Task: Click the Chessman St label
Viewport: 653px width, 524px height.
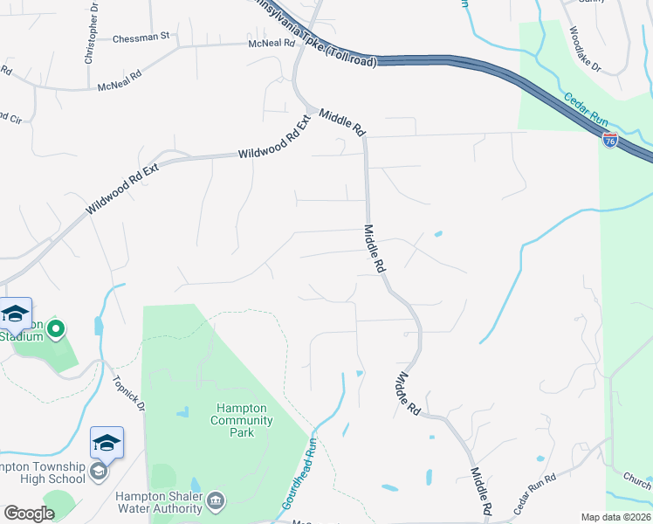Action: [146, 38]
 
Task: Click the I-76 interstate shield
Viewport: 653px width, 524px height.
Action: [610, 140]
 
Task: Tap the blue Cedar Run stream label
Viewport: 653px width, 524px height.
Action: [583, 110]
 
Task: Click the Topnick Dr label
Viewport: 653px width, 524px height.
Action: [128, 394]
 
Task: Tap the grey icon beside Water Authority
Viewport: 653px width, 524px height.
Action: [217, 500]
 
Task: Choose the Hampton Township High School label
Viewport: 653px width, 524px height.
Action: [44, 472]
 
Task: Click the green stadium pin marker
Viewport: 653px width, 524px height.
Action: [56, 329]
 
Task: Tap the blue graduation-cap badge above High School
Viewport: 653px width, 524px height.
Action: [107, 443]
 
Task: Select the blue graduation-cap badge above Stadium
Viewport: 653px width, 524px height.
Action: [15, 313]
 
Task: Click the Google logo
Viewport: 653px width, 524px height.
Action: [29, 514]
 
